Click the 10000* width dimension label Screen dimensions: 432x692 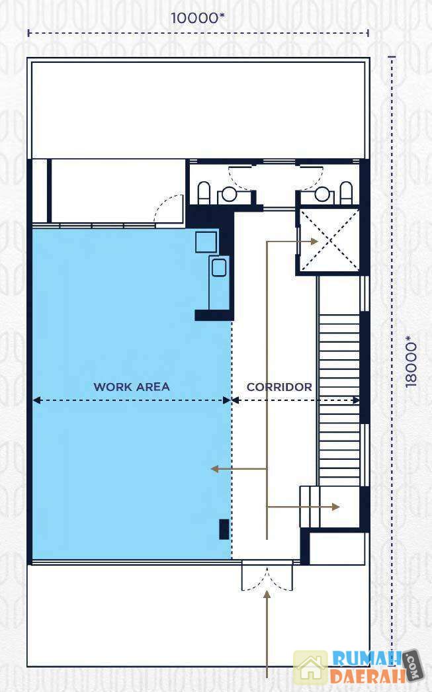198,18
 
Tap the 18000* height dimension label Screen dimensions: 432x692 411,361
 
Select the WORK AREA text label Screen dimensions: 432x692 132,387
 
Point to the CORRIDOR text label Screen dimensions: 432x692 279,387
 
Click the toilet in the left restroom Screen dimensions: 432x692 203,193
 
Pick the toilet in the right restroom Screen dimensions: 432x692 347,193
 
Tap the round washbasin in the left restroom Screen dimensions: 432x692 230,195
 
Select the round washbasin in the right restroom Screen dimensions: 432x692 322,195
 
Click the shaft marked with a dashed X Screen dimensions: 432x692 329,241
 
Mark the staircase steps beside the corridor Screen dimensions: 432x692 339,400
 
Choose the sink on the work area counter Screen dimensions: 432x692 219,267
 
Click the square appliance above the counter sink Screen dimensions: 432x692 206,241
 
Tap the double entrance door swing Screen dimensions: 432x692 267,576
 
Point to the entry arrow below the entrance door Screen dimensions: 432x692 267,634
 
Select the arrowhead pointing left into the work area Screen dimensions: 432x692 215,468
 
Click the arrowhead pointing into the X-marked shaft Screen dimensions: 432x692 314,241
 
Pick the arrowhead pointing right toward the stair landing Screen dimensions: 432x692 335,507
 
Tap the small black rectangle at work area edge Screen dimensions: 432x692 224,530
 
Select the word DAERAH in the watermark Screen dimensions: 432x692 368,676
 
